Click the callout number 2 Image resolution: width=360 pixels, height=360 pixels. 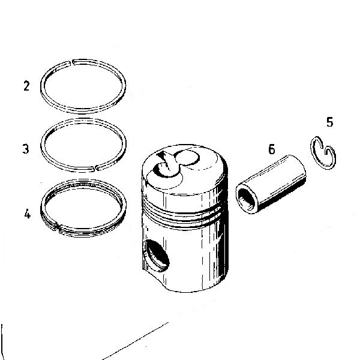pos(26,86)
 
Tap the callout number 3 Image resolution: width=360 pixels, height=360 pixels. pos(26,149)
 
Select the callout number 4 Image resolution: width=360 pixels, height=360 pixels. pos(27,214)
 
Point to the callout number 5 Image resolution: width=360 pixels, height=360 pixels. pos(329,122)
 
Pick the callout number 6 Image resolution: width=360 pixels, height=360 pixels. pos(271,149)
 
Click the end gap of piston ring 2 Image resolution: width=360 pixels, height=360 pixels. pos(71,62)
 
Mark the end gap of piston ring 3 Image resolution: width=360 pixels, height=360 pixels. pos(95,168)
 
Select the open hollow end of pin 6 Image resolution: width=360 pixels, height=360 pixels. pos(247,199)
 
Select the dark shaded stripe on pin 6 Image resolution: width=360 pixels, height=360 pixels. pos(283,196)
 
